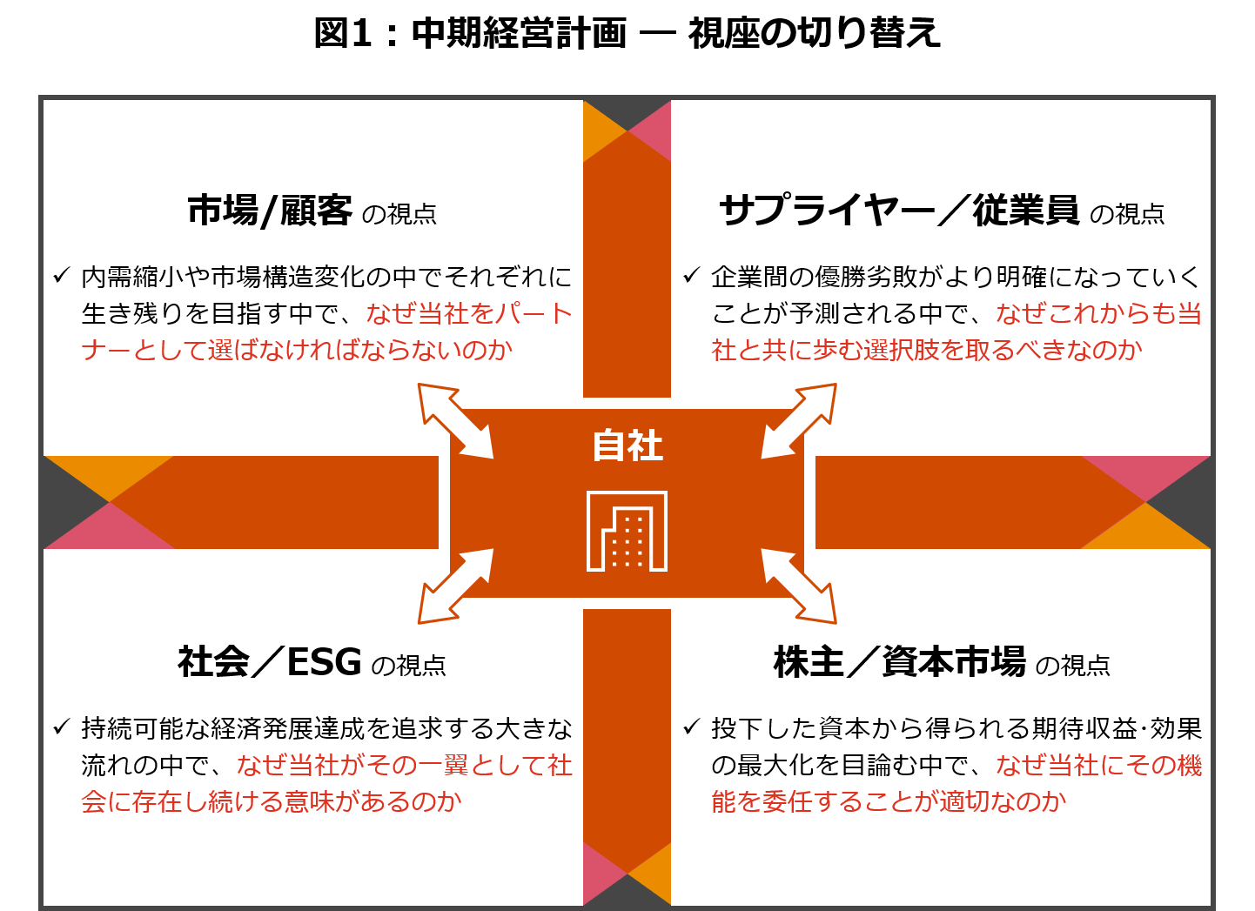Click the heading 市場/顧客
pyautogui.click(x=270, y=211)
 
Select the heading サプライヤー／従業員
pyautogui.click(x=898, y=211)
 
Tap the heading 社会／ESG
pyautogui.click(x=269, y=662)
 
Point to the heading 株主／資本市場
pyautogui.click(x=899, y=662)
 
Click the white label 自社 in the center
pyautogui.click(x=627, y=445)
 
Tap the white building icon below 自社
pyautogui.click(x=627, y=532)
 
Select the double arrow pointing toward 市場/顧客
pyautogui.click(x=455, y=420)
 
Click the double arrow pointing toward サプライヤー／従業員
pyautogui.click(x=799, y=420)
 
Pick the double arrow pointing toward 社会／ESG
pyautogui.click(x=455, y=586)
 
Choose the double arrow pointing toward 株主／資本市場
pyautogui.click(x=799, y=586)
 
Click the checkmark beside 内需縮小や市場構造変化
pyautogui.click(x=61, y=276)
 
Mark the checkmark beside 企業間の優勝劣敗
pyautogui.click(x=691, y=276)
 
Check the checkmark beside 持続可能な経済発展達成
pyautogui.click(x=61, y=727)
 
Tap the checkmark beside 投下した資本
pyautogui.click(x=691, y=727)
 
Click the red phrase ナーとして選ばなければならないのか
pyautogui.click(x=297, y=350)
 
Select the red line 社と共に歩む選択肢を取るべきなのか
pyautogui.click(x=926, y=350)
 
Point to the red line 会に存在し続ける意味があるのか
pyautogui.click(x=271, y=801)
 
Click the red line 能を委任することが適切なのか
pyautogui.click(x=888, y=801)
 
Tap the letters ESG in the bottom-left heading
pyautogui.click(x=324, y=662)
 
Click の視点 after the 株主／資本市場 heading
pyautogui.click(x=1072, y=666)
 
